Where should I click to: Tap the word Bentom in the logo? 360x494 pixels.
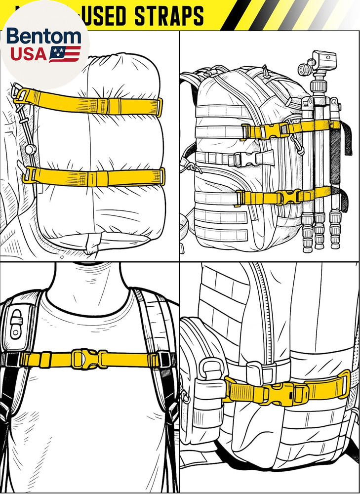click(x=44, y=37)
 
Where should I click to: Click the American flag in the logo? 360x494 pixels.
click(x=65, y=53)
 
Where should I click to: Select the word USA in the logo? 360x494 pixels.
click(x=28, y=54)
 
